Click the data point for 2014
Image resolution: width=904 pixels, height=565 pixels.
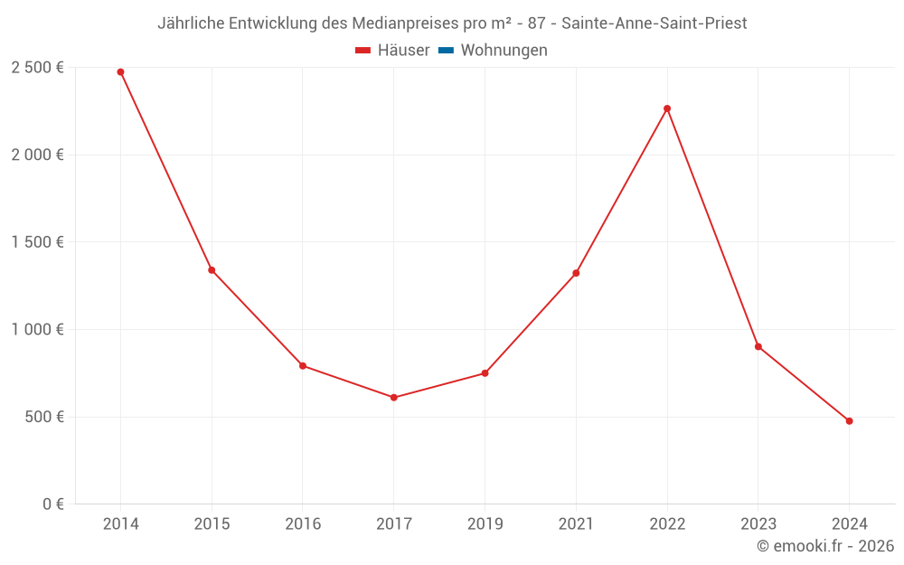pyautogui.click(x=120, y=71)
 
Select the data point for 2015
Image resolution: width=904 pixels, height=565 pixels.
pyautogui.click(x=212, y=269)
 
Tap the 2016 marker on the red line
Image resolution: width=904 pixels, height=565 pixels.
pyautogui.click(x=303, y=365)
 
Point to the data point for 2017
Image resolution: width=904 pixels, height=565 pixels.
pyautogui.click(x=394, y=397)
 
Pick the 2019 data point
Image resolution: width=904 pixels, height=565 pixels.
pyautogui.click(x=485, y=372)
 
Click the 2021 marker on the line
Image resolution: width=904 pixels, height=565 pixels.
pyautogui.click(x=576, y=273)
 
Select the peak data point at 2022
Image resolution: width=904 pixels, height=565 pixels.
pyautogui.click(x=667, y=108)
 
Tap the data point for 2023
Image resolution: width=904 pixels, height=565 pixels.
pyautogui.click(x=758, y=346)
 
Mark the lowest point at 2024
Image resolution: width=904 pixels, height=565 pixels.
pyautogui.click(x=849, y=420)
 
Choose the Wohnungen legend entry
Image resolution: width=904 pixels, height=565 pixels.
pyautogui.click(x=504, y=51)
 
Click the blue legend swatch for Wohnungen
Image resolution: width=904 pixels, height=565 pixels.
pyautogui.click(x=446, y=51)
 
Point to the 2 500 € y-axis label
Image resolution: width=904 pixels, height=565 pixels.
pyautogui.click(x=37, y=68)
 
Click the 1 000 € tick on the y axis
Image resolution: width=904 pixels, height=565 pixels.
pyautogui.click(x=37, y=330)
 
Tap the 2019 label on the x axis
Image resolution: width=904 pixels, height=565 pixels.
pyautogui.click(x=485, y=524)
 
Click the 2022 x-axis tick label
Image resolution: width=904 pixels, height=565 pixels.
pyautogui.click(x=667, y=524)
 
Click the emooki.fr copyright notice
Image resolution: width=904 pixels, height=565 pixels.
pyautogui.click(x=825, y=546)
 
